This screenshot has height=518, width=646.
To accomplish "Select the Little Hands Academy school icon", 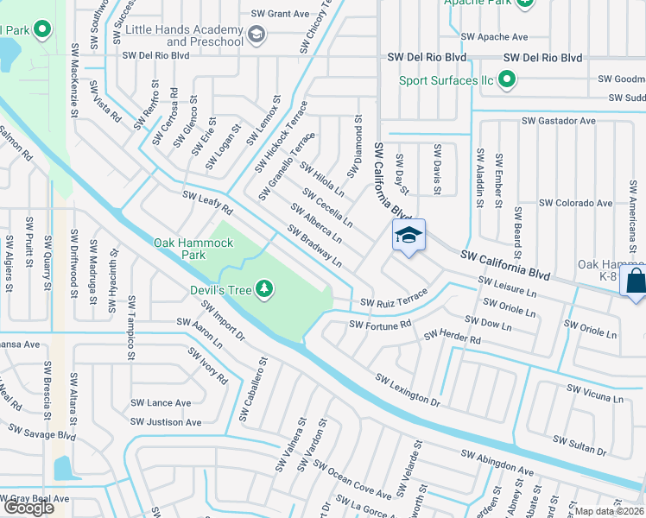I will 256,35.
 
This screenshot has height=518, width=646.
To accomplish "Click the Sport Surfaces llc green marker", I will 506,81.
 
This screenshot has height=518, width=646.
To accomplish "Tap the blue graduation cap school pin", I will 409,235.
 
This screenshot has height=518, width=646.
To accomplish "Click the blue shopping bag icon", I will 635,281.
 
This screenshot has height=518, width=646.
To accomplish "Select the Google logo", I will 28,508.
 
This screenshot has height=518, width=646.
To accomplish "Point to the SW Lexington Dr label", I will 408,388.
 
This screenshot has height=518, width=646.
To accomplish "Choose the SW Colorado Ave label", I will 575,203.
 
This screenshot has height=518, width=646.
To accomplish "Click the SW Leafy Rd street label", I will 208,204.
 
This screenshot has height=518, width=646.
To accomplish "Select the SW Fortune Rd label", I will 380,325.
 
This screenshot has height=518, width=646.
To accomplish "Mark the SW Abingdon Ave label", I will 497,461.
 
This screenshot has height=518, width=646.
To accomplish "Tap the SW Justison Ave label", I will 166,422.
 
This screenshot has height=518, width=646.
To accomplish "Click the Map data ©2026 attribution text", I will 610,511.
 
